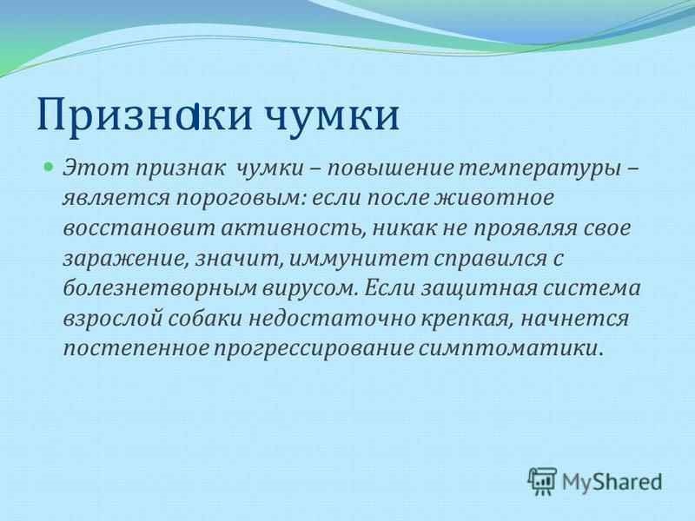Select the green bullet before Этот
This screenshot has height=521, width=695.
(x=50, y=164)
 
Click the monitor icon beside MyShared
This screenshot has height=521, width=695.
(x=543, y=479)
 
